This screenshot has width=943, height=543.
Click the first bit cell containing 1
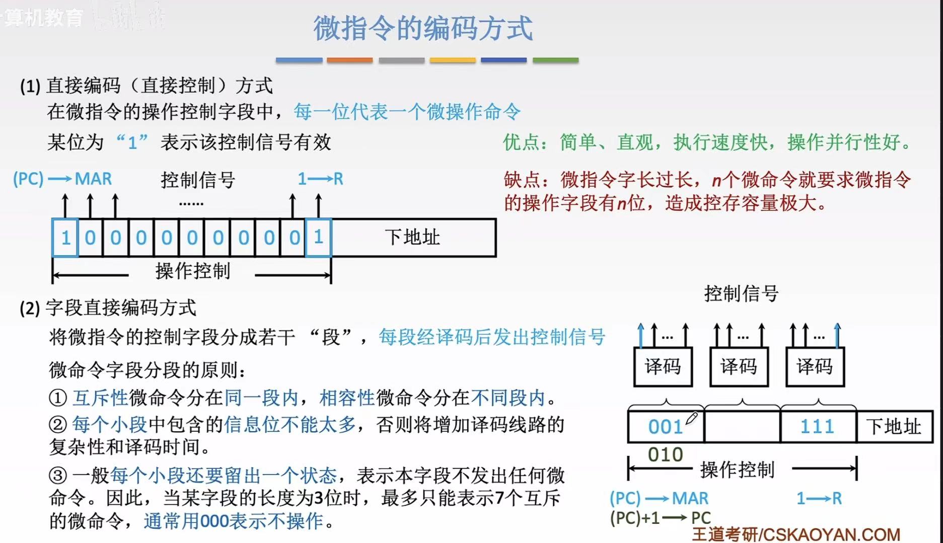point(65,238)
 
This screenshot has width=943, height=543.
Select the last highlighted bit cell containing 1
point(318,238)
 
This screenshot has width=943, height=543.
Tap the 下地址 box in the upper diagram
point(413,238)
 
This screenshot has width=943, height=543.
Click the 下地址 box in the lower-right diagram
point(894,427)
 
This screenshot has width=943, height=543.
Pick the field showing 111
point(818,427)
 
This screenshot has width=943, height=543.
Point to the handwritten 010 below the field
point(665,454)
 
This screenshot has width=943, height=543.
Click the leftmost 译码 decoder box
point(663,366)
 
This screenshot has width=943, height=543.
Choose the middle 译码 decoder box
point(739,366)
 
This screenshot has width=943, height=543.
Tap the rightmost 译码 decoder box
point(815,366)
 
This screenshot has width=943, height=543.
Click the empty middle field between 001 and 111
point(742,427)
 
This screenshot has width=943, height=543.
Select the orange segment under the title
point(349,60)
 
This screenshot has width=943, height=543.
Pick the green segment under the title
point(555,60)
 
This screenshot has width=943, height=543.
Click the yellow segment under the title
point(452,60)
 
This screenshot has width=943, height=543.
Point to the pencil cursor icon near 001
point(692,418)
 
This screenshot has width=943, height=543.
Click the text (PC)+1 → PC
point(660,518)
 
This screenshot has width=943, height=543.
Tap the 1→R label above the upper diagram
point(320,179)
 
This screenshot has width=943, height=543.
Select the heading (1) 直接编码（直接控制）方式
point(146,86)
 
